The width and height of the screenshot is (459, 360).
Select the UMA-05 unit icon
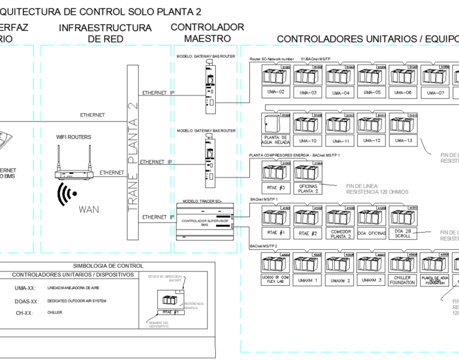(x=371, y=77)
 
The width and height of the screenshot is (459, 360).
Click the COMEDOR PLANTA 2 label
(x=341, y=233)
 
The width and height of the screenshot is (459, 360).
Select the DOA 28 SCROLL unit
(x=403, y=233)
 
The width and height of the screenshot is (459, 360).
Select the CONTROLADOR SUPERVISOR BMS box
(x=204, y=222)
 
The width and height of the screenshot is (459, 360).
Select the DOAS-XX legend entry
(x=27, y=301)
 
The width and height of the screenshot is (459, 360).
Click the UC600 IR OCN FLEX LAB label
(x=276, y=280)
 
